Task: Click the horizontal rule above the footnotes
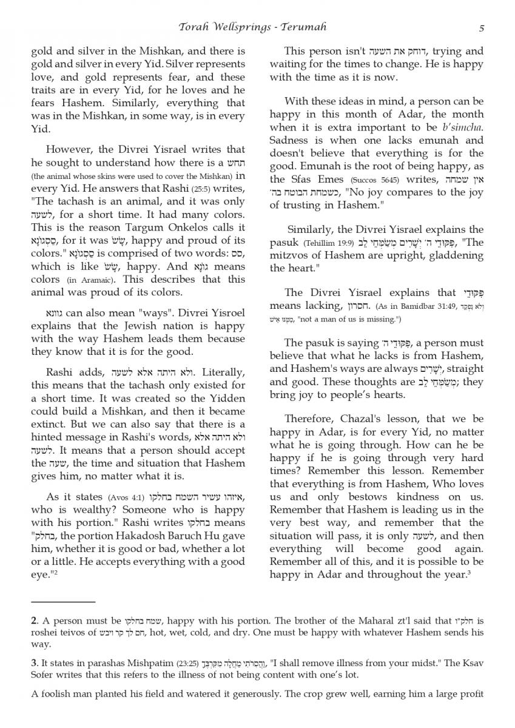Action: [x=63, y=602]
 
